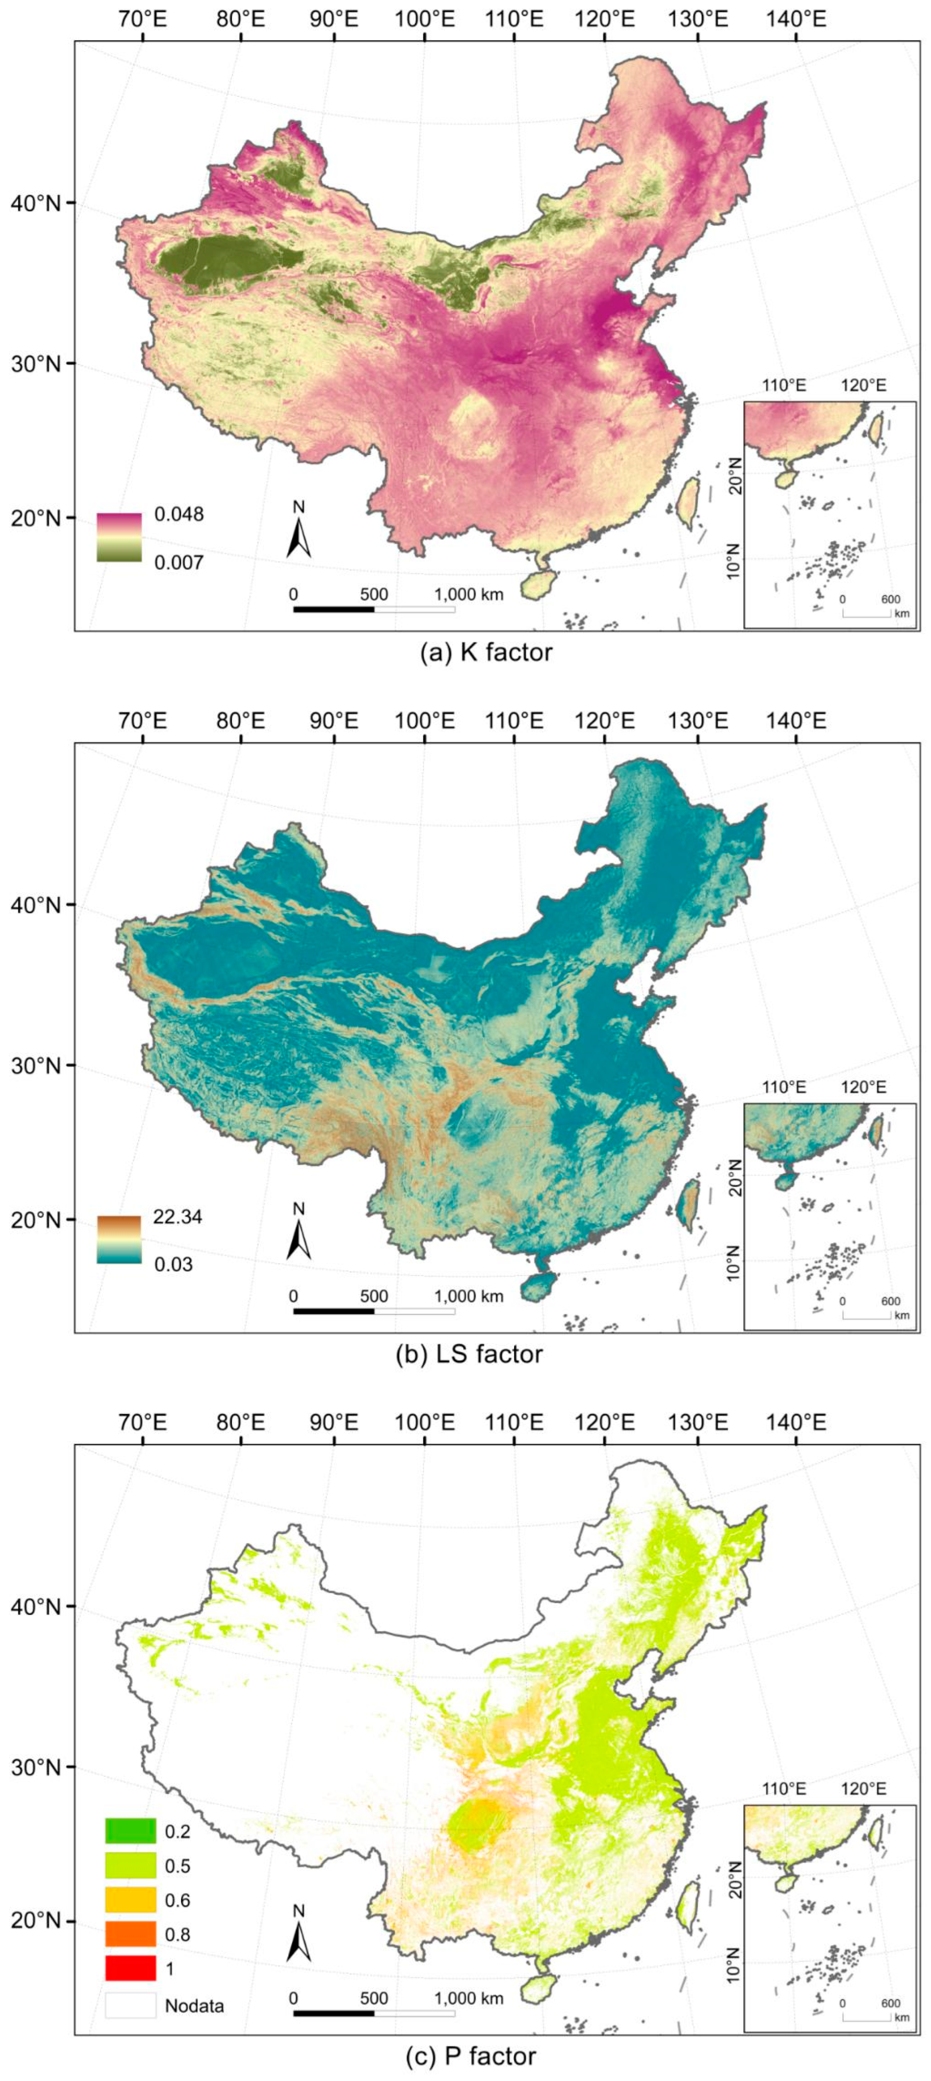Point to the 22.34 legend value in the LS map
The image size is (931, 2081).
pyautogui.click(x=178, y=1216)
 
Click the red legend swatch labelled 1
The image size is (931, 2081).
pyautogui.click(x=130, y=1969)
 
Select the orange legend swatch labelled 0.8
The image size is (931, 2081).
pyautogui.click(x=130, y=1934)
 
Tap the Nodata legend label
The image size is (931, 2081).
pyautogui.click(x=194, y=2006)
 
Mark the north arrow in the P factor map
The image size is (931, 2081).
pyautogui.click(x=299, y=1936)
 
